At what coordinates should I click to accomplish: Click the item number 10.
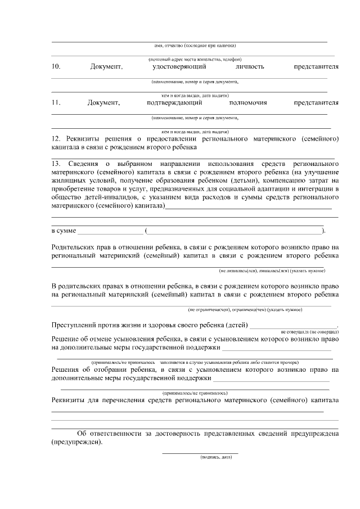pyautogui.click(x=56, y=67)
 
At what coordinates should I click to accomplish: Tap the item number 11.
pyautogui.click(x=56, y=103)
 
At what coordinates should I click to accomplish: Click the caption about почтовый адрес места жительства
pyautogui.click(x=195, y=59)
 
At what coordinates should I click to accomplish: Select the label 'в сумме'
pyautogui.click(x=63, y=231)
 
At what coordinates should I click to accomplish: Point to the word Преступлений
pyautogui.click(x=76, y=325)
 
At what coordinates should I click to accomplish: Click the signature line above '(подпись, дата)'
pyautogui.click(x=200, y=452)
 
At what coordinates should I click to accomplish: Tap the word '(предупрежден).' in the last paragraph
pyautogui.click(x=77, y=442)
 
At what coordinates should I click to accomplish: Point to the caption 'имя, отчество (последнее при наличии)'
pyautogui.click(x=195, y=45)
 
